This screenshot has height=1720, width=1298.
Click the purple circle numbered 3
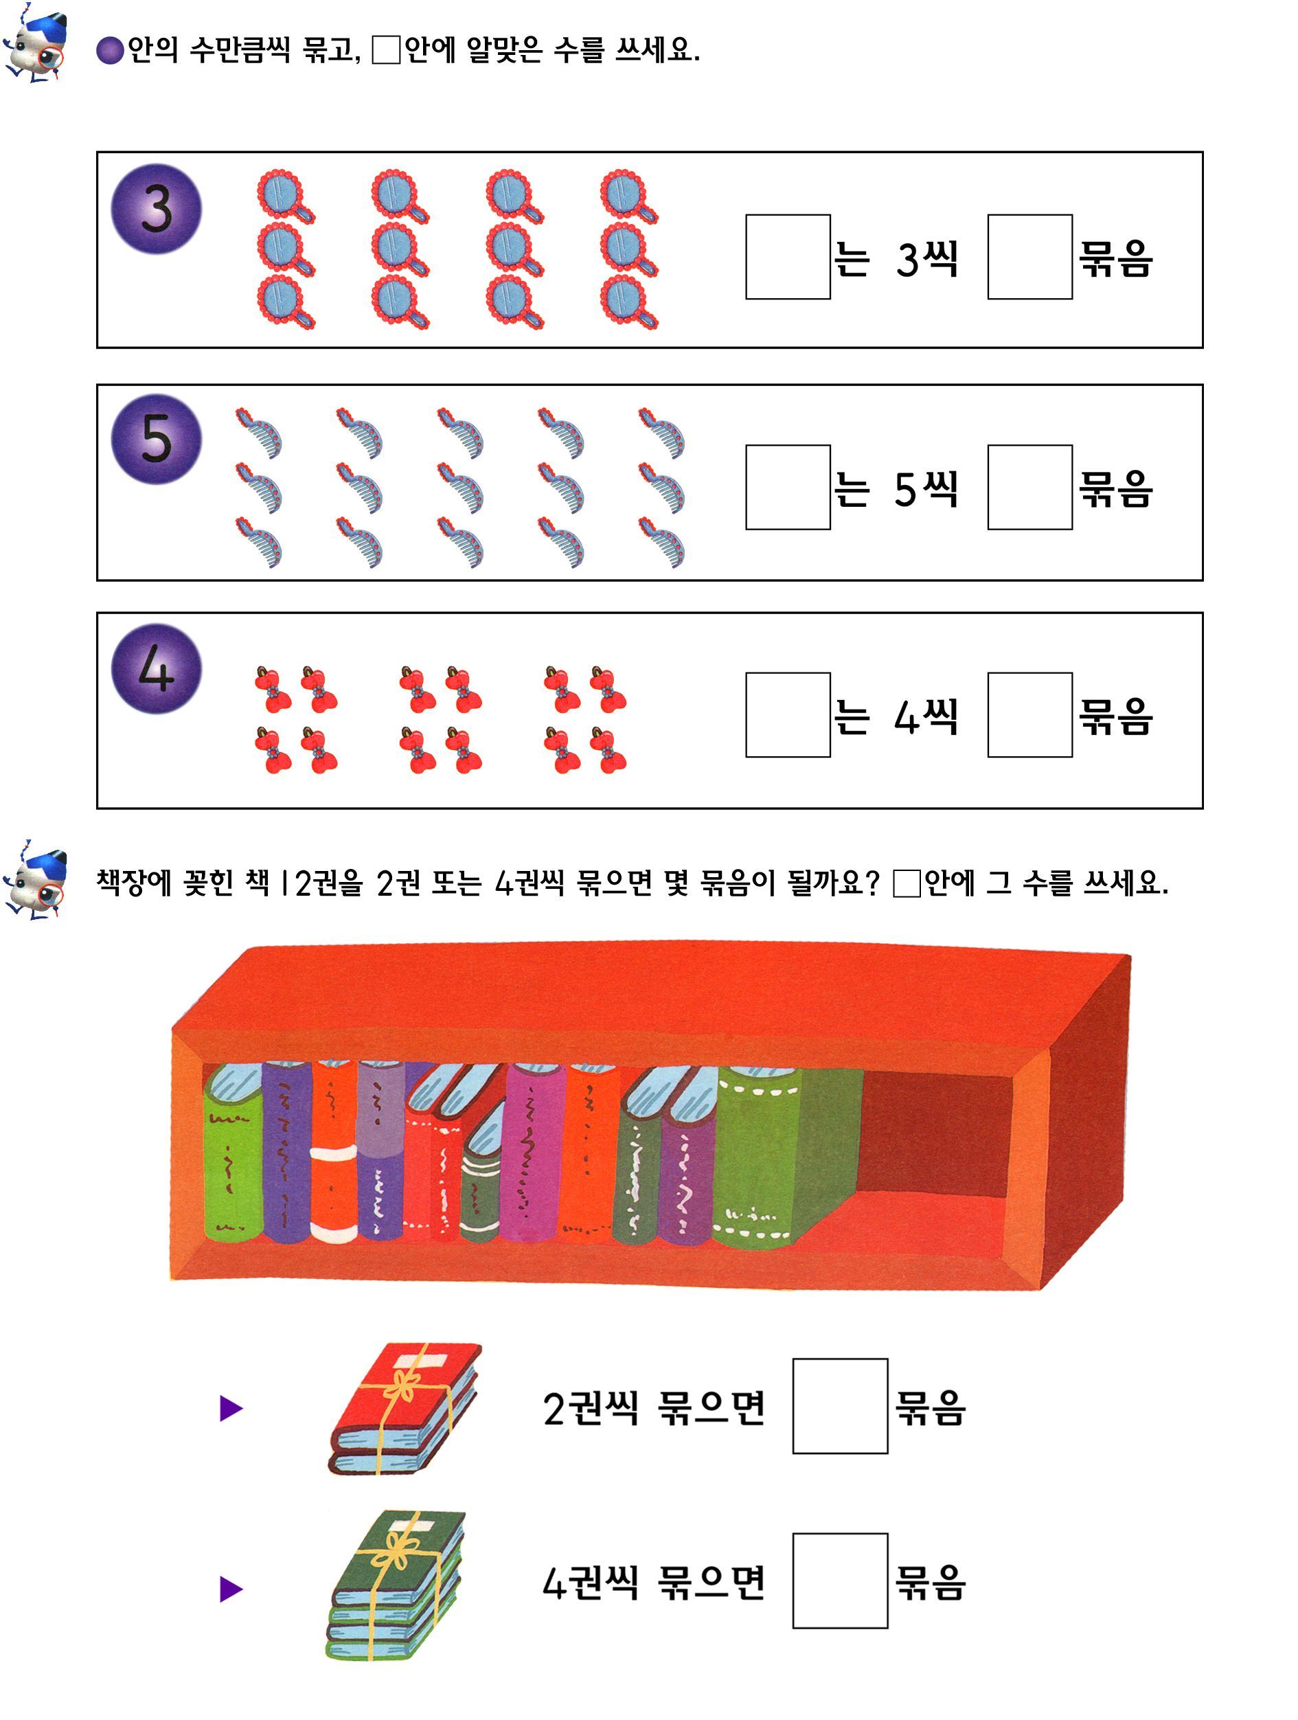156,208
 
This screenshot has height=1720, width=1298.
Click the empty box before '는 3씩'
787,257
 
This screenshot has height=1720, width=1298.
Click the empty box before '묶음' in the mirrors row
1030,257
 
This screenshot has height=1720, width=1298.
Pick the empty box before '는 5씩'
787,487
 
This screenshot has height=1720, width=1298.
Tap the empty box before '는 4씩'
787,714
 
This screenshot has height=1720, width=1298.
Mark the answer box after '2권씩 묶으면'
839,1406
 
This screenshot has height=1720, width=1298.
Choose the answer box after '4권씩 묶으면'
839,1581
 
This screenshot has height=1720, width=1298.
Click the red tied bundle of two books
405,1407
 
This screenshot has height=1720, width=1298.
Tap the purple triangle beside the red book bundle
231,1408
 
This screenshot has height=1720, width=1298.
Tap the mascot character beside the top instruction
35,43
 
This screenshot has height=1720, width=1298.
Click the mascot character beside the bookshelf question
35,880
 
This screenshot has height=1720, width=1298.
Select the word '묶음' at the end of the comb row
1115,488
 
